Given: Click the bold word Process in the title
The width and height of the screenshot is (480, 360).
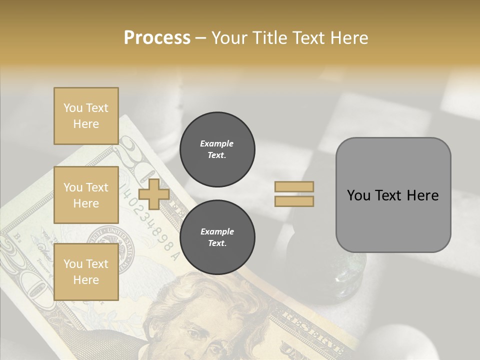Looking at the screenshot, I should [157, 37].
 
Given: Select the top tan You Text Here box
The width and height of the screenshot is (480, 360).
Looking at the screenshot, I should [86, 116].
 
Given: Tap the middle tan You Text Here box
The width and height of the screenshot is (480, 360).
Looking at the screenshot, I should [86, 195].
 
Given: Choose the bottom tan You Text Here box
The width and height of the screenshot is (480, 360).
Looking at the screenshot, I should [86, 272].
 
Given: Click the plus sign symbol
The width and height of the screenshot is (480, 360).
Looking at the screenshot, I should [153, 194].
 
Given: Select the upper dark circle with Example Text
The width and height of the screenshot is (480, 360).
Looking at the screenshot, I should [217, 149].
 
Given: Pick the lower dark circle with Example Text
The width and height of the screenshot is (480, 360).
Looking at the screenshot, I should [217, 237].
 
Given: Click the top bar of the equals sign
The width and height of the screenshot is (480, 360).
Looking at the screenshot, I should [294, 187].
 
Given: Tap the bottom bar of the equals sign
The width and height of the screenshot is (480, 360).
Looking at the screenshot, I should [294, 201].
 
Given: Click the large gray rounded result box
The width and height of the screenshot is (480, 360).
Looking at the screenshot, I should [393, 195].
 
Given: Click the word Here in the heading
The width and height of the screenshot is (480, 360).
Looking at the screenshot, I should [348, 37].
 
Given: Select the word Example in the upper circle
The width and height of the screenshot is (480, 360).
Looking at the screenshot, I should [217, 143].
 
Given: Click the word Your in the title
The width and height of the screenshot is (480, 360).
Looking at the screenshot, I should [230, 37].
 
